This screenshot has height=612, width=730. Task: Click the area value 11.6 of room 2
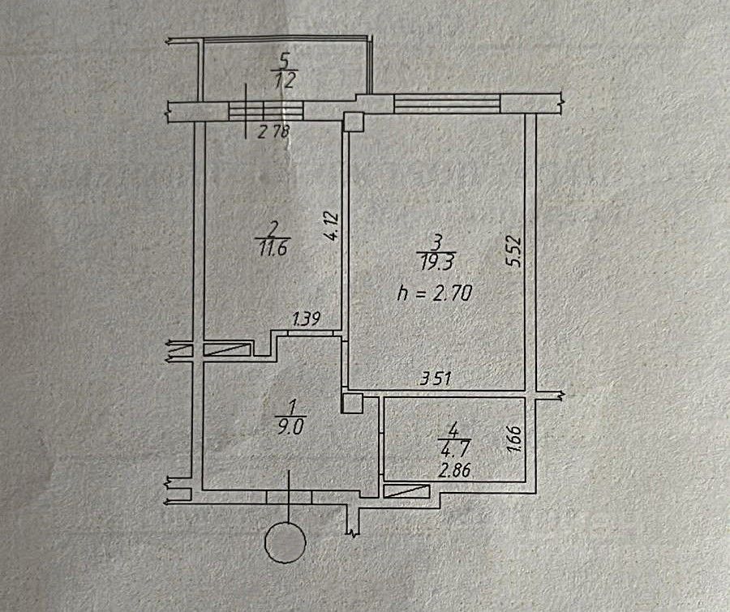(273, 249)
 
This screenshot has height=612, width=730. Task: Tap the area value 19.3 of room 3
(437, 263)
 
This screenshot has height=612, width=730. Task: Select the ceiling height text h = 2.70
(435, 293)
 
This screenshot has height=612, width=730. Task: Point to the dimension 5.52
(517, 251)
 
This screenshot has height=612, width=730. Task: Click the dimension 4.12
(332, 226)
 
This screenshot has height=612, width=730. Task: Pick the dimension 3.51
(436, 378)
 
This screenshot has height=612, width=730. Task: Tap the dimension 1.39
(307, 319)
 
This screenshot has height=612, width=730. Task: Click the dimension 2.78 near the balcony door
(274, 131)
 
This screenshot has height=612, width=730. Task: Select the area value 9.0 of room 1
(290, 426)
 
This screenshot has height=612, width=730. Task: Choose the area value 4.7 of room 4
(454, 448)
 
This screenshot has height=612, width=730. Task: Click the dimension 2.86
(454, 470)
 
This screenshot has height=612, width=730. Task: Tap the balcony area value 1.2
(285, 81)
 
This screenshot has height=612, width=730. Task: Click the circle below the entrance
(285, 563)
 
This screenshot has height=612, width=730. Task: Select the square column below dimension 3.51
(352, 403)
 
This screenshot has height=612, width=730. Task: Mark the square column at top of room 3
(353, 122)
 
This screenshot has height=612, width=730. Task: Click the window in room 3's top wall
(447, 103)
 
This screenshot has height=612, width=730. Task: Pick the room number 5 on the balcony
(284, 61)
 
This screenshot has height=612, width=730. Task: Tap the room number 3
(436, 242)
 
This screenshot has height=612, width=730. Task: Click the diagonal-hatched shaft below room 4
(406, 491)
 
